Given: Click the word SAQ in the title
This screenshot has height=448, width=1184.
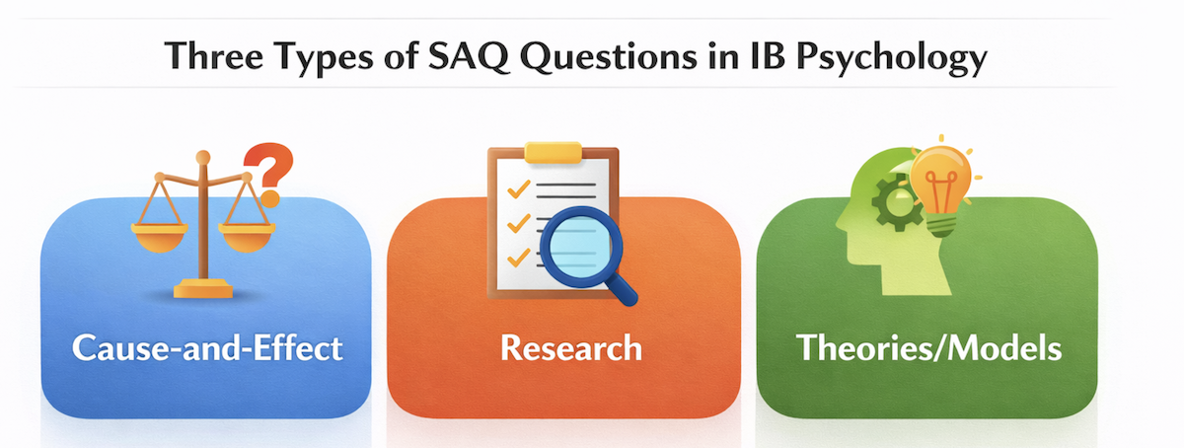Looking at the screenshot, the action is click(469, 56).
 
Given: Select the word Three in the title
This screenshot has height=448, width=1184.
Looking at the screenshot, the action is click(213, 56).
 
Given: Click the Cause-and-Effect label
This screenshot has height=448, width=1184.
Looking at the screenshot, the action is click(207, 348).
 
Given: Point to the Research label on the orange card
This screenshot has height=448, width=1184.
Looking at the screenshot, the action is click(571, 348).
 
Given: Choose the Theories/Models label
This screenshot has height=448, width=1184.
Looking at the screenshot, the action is click(928, 348).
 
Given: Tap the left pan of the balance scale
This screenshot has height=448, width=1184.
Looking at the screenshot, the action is click(159, 237).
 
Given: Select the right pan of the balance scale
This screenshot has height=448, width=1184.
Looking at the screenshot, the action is click(247, 237).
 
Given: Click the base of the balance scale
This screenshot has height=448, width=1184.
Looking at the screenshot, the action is click(203, 289).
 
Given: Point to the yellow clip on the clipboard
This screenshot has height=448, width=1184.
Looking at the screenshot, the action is click(553, 152).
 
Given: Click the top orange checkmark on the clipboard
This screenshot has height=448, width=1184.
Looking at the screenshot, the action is click(519, 188).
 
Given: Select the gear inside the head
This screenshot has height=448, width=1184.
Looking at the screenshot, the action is click(894, 203).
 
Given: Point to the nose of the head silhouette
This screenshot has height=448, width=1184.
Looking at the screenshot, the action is click(842, 223).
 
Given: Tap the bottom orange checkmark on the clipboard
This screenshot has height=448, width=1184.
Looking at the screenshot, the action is click(519, 258).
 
